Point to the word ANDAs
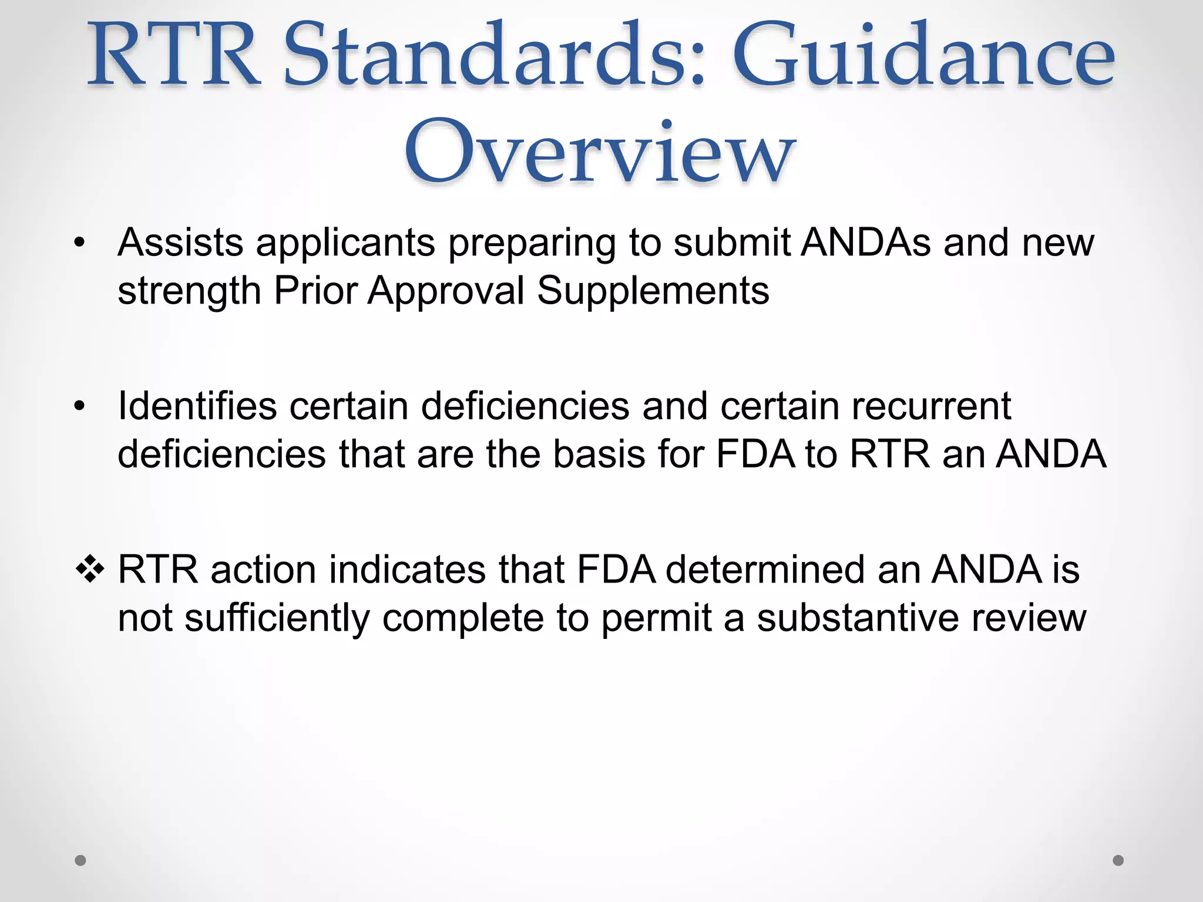click(x=866, y=243)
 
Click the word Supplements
click(x=653, y=291)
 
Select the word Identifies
click(x=197, y=406)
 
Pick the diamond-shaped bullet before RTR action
click(x=90, y=569)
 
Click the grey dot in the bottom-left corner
click(x=80, y=860)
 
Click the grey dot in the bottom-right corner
click(x=1118, y=860)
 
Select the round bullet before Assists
click(x=80, y=243)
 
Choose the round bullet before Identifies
click(x=80, y=406)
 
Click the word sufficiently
click(x=277, y=618)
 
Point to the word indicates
click(x=407, y=569)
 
